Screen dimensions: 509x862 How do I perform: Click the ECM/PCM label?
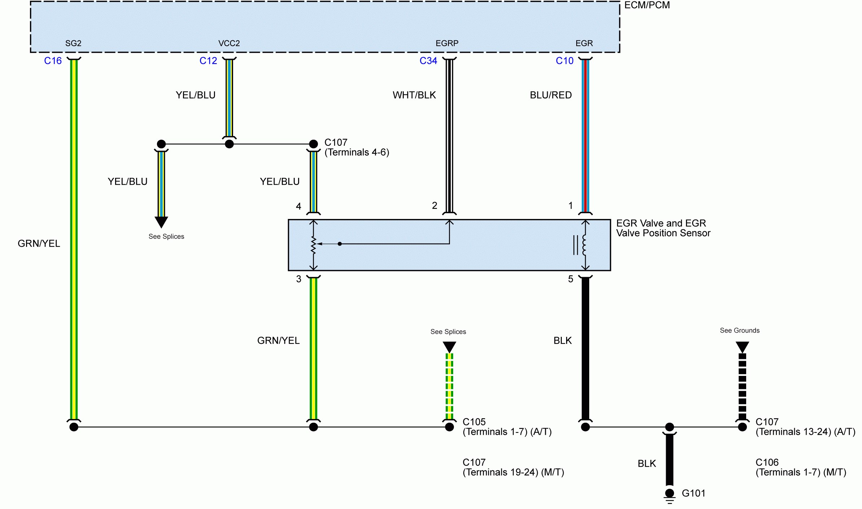[x=647, y=5]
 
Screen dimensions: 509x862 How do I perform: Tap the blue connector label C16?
[x=53, y=61]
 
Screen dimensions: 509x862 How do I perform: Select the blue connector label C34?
[x=428, y=61]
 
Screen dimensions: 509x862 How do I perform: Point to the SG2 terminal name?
[x=73, y=43]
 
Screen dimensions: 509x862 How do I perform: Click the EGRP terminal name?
[x=447, y=43]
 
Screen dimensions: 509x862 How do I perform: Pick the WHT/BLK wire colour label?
[x=414, y=95]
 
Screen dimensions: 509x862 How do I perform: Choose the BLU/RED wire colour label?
[x=551, y=95]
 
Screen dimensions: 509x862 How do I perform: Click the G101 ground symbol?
[x=669, y=496]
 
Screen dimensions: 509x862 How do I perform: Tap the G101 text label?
[x=693, y=493]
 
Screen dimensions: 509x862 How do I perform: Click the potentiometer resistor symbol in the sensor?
[x=313, y=245]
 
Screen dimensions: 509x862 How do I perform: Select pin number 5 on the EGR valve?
[x=570, y=279]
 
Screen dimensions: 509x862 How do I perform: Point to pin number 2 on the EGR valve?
[x=434, y=206]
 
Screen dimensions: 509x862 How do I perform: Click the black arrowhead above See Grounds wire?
[x=742, y=347]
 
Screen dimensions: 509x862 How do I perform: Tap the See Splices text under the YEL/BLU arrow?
[x=166, y=236]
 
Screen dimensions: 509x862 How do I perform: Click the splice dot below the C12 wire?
[x=229, y=144]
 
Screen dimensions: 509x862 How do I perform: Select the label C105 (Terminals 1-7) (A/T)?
[x=507, y=427]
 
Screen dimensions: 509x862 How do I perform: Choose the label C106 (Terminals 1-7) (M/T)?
[x=801, y=467]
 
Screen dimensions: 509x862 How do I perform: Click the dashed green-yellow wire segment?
[x=449, y=386]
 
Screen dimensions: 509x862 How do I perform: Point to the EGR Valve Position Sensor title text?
[x=663, y=228]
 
